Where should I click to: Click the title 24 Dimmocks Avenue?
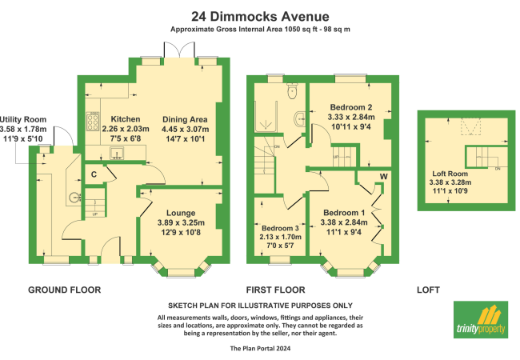tap(260, 15)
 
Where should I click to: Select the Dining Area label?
tap(184, 118)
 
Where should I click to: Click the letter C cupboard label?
tap(94, 174)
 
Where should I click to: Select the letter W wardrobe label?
tap(383, 176)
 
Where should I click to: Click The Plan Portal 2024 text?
tap(260, 349)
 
